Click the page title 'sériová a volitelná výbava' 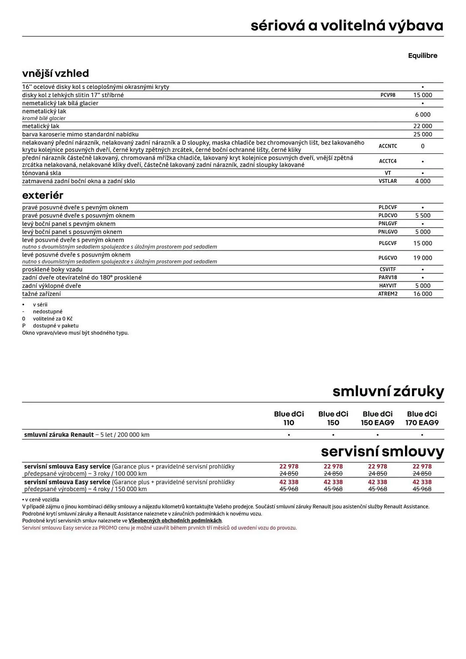(347, 26)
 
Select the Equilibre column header (422, 56)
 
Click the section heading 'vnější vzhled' (55, 73)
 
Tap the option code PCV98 (388, 95)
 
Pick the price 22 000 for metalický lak (422, 126)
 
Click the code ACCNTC (388, 146)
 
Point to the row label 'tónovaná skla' (42, 173)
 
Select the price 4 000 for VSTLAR (422, 181)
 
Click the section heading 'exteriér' (43, 195)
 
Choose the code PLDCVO (388, 215)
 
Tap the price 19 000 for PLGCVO (422, 258)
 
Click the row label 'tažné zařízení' (42, 294)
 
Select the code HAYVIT (388, 286)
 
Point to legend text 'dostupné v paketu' (56, 326)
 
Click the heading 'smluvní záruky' (388, 391)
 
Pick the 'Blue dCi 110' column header (289, 418)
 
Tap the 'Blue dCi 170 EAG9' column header (422, 418)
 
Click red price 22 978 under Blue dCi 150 (333, 466)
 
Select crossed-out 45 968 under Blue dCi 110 (289, 489)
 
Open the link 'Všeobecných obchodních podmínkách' (175, 521)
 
